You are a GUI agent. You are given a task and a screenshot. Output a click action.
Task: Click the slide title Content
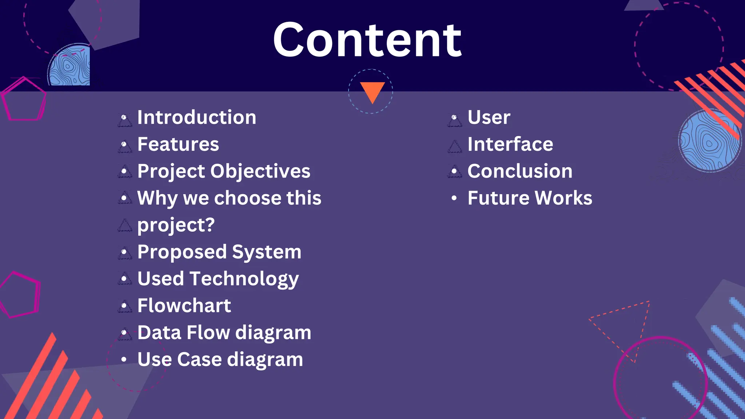[x=367, y=40]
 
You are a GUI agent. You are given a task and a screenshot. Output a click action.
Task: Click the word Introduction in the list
[x=196, y=117]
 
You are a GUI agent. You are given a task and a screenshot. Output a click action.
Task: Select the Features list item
[x=178, y=144]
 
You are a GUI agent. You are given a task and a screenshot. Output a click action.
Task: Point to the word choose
[x=247, y=198]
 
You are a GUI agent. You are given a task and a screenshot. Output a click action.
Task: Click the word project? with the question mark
[x=176, y=225]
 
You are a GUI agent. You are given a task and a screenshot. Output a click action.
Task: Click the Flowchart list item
[x=184, y=306]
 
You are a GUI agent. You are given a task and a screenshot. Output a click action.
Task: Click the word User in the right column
[x=489, y=117]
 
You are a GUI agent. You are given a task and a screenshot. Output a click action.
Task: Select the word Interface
[x=510, y=144]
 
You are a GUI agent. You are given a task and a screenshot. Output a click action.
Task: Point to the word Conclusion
[x=520, y=171]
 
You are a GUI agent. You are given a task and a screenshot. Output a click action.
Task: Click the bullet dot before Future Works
[x=454, y=198]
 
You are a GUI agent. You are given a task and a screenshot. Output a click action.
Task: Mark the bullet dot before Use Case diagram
[x=124, y=360]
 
